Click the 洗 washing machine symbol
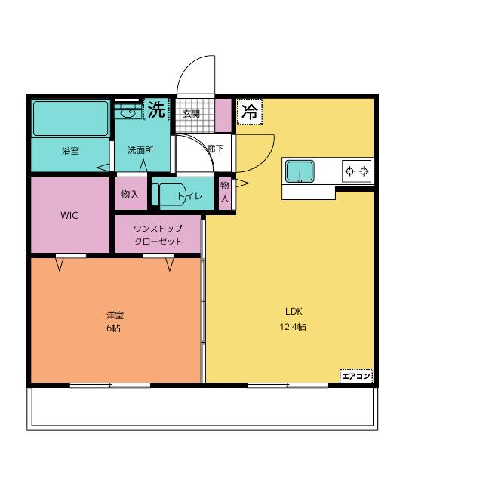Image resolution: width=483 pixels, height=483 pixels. tap(156, 109)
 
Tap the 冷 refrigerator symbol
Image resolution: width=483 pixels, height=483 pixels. tap(250, 112)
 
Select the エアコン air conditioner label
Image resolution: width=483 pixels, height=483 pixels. tap(356, 376)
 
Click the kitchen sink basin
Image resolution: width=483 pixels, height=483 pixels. tap(300, 171)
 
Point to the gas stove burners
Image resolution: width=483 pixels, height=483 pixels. tap(357, 171)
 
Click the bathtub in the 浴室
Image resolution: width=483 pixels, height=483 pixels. tap(71, 118)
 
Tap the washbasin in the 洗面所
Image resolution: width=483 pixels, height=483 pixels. tap(128, 112)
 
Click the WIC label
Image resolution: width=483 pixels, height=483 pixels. tap(69, 215)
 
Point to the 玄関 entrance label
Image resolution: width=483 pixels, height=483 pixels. tap(192, 114)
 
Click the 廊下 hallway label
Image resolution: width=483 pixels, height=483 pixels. tap(215, 149)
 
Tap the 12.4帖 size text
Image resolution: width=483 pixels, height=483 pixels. tap(293, 327)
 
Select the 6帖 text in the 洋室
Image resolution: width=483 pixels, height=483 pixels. tap(113, 328)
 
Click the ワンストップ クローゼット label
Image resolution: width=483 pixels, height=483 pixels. tap(158, 235)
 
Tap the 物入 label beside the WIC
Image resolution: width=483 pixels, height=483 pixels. tap(130, 195)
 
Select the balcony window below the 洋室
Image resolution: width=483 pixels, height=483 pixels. tap(110, 386)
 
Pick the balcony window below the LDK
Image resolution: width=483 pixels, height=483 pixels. tap(288, 386)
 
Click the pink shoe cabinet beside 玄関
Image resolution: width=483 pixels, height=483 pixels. tap(223, 115)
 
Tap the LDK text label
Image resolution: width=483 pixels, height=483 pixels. tap(294, 312)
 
